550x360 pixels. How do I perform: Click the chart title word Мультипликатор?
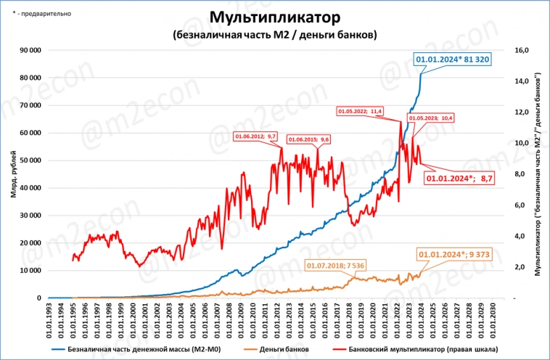(x=274, y=17)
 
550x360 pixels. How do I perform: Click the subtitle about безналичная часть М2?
(x=274, y=34)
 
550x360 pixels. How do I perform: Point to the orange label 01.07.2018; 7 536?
(x=335, y=266)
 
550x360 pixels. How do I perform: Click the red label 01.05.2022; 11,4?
(x=361, y=111)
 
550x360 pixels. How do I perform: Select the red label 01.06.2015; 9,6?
(x=308, y=139)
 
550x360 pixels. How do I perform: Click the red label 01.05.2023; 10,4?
(x=431, y=118)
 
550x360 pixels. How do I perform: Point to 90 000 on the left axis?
(x=30, y=50)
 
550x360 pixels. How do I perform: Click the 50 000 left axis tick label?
(x=30, y=160)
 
